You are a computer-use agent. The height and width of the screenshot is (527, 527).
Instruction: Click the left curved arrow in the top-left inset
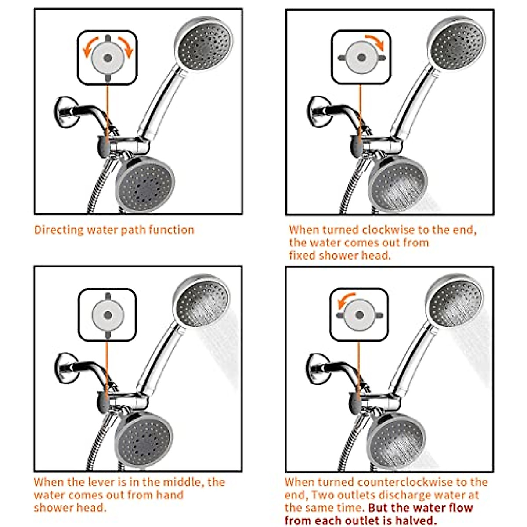point(89,47)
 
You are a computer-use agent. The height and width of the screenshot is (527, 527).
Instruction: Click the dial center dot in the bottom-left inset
point(108,315)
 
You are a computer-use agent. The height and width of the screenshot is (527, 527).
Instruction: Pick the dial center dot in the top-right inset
point(361,58)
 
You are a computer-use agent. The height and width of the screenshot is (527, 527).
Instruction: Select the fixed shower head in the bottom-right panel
point(396,439)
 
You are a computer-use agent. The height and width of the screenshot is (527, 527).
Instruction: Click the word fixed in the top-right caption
point(302,256)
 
